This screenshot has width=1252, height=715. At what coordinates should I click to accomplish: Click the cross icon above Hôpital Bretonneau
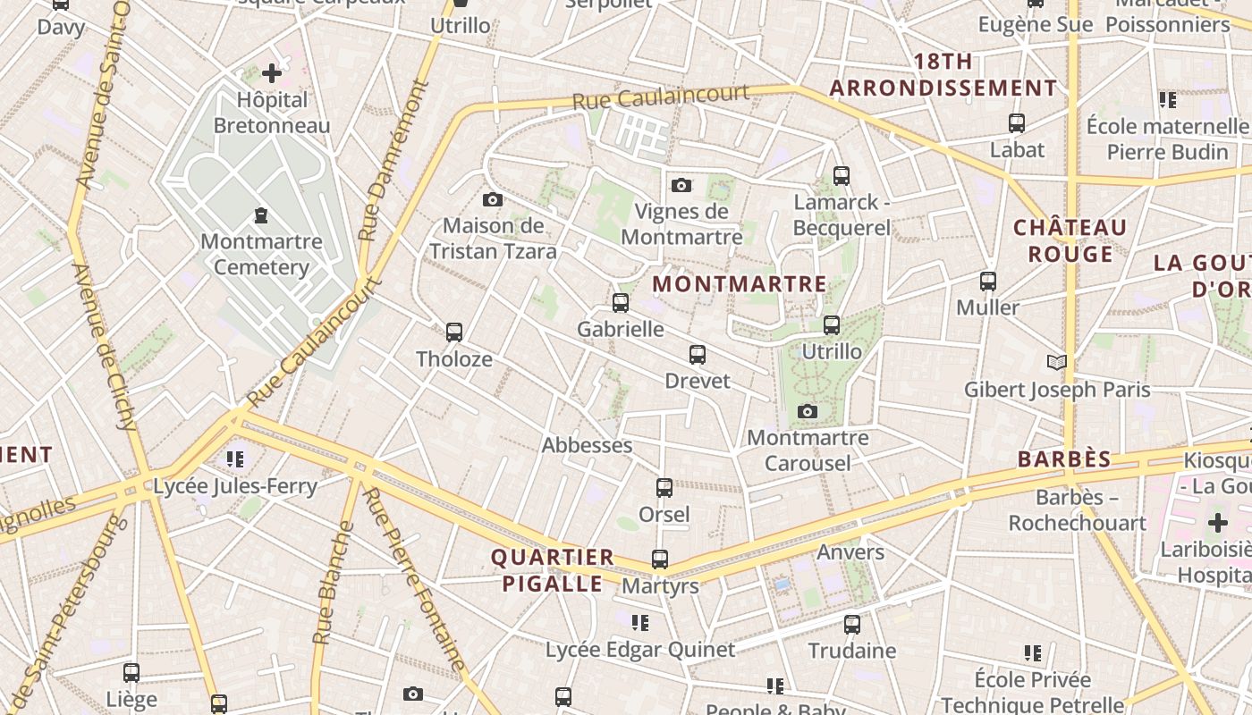click(x=272, y=73)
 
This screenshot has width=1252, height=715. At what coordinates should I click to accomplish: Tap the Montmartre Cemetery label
click(x=261, y=254)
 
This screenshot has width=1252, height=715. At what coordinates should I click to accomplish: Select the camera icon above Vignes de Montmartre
click(x=681, y=185)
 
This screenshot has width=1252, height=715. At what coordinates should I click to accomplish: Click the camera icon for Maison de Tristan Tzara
click(x=493, y=199)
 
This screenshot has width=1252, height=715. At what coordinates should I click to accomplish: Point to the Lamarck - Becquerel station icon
click(x=841, y=176)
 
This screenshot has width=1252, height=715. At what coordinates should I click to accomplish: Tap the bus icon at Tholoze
click(x=454, y=332)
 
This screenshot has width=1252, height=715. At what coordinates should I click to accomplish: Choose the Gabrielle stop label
click(x=621, y=329)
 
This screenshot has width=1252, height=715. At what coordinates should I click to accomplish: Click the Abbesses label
click(x=587, y=445)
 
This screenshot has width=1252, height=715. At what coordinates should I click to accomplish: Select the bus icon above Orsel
click(x=664, y=488)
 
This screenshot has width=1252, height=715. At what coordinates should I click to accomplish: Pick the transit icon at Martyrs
click(x=660, y=559)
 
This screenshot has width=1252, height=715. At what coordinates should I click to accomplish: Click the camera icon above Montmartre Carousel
click(x=808, y=411)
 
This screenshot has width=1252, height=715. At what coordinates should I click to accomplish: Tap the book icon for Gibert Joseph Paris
click(x=1057, y=362)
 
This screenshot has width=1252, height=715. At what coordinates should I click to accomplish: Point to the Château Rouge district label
click(x=1070, y=240)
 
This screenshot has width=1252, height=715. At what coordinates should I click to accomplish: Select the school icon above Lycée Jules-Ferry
click(x=235, y=459)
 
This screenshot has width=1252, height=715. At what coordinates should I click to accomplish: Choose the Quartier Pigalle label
click(x=552, y=570)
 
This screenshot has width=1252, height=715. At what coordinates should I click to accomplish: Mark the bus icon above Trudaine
click(x=852, y=624)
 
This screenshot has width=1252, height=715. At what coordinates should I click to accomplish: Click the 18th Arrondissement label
click(x=943, y=75)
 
